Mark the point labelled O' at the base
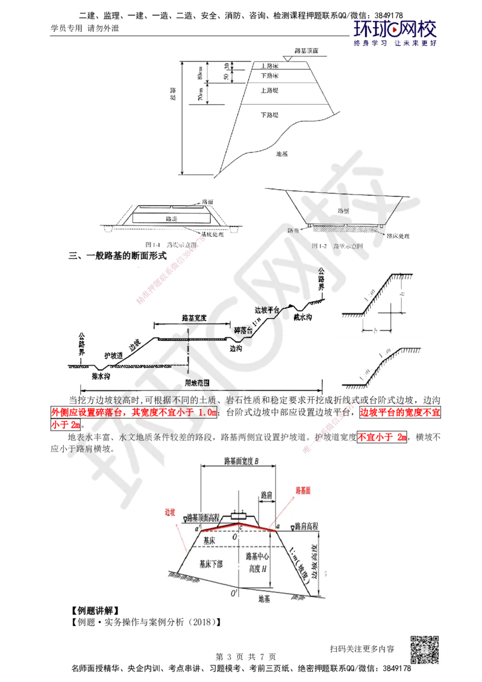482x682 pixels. pyautogui.click(x=243, y=592)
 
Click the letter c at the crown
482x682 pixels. pyautogui.click(x=241, y=528)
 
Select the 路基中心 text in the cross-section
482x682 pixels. pyautogui.click(x=257, y=555)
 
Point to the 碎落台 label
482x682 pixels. pyautogui.click(x=246, y=330)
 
